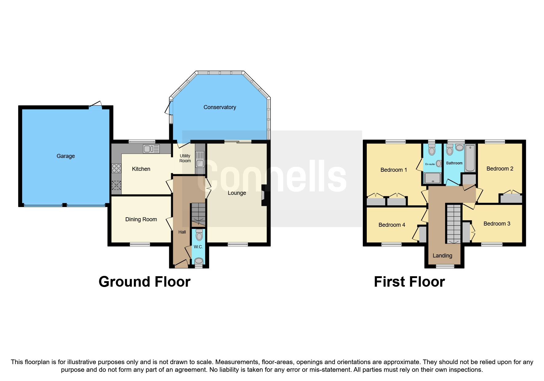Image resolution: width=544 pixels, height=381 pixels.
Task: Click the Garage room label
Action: click(x=65, y=156)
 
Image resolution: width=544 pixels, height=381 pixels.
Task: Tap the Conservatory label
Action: click(x=220, y=107)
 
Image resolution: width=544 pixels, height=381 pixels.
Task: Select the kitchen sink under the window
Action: click(x=151, y=149)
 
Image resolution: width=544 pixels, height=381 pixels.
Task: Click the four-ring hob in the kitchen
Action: click(x=116, y=168)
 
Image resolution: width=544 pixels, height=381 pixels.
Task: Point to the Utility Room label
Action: click(x=185, y=158)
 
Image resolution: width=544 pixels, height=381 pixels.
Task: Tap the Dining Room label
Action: click(x=141, y=219)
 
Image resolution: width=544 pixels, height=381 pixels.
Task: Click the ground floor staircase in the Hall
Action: click(x=198, y=214)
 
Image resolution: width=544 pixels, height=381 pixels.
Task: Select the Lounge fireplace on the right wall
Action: click(x=263, y=195)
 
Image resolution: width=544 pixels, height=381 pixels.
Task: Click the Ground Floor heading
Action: click(x=144, y=282)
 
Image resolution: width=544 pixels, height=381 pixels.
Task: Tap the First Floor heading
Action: click(x=409, y=282)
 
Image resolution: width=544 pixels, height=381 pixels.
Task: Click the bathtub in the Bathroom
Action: click(x=470, y=158)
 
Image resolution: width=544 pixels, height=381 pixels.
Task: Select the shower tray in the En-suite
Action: click(x=432, y=178)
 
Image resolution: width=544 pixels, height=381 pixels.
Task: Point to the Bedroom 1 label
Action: click(x=393, y=170)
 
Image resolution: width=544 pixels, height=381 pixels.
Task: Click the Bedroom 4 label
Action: click(x=392, y=225)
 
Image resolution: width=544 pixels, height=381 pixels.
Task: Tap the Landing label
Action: click(x=442, y=256)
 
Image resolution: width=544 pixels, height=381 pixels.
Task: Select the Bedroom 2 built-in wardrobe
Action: click(x=511, y=198)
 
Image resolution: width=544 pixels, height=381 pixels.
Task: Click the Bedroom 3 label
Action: click(x=497, y=224)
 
